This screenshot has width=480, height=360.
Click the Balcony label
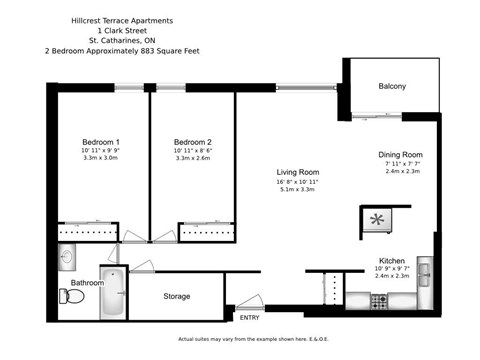click(392, 87)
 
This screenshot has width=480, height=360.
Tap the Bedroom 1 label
click(100, 142)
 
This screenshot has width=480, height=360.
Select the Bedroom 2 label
click(192, 142)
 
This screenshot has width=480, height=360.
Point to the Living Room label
click(297, 172)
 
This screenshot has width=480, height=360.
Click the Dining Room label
click(400, 155)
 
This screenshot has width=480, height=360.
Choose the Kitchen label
click(391, 259)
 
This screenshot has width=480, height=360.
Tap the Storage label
click(177, 296)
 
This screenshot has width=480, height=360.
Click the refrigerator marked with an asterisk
click(378, 219)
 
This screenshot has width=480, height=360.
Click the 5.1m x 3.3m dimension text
click(297, 190)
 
